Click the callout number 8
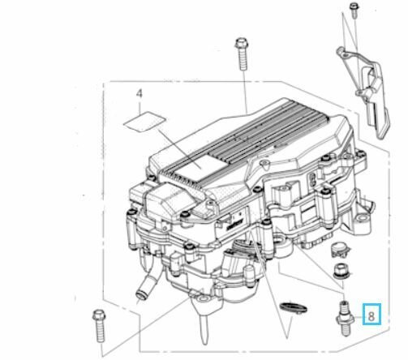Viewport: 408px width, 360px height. (x=371, y=316)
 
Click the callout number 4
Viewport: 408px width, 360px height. (x=139, y=94)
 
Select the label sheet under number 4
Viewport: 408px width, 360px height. (x=144, y=122)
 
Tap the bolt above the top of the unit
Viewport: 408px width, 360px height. (x=242, y=54)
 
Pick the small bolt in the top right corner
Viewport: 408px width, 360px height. (x=354, y=11)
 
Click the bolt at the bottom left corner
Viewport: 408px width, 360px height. (x=99, y=326)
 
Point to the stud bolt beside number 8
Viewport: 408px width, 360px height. (x=345, y=319)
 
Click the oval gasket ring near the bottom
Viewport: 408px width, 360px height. (x=294, y=308)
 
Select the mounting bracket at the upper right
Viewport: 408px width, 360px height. (x=363, y=92)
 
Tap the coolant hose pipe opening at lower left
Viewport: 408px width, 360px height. (x=141, y=293)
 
